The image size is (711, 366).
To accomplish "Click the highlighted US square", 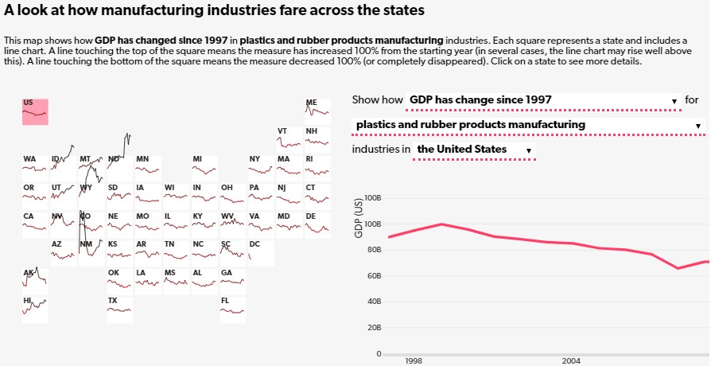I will coord(35,111).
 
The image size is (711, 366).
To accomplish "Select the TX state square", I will coord(120,310).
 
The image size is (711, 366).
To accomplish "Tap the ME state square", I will coord(318,111).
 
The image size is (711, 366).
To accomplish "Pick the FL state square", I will coord(233,310).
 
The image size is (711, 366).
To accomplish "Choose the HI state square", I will coord(35,310).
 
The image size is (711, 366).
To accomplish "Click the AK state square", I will coord(35,281).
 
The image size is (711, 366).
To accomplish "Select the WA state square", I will coord(35,168).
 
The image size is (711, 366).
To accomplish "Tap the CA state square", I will coord(35,224).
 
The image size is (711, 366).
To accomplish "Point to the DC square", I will coord(261,253).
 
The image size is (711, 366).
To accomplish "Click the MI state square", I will coord(204,168).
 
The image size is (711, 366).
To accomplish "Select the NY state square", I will coord(261,168).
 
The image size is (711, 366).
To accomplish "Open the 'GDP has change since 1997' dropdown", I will coord(542,101).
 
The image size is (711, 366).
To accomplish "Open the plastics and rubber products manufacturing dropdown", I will coord(528,126).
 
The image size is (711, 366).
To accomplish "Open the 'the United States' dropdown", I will coord(475,150).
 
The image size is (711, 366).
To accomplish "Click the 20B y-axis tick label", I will coord(374,328).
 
